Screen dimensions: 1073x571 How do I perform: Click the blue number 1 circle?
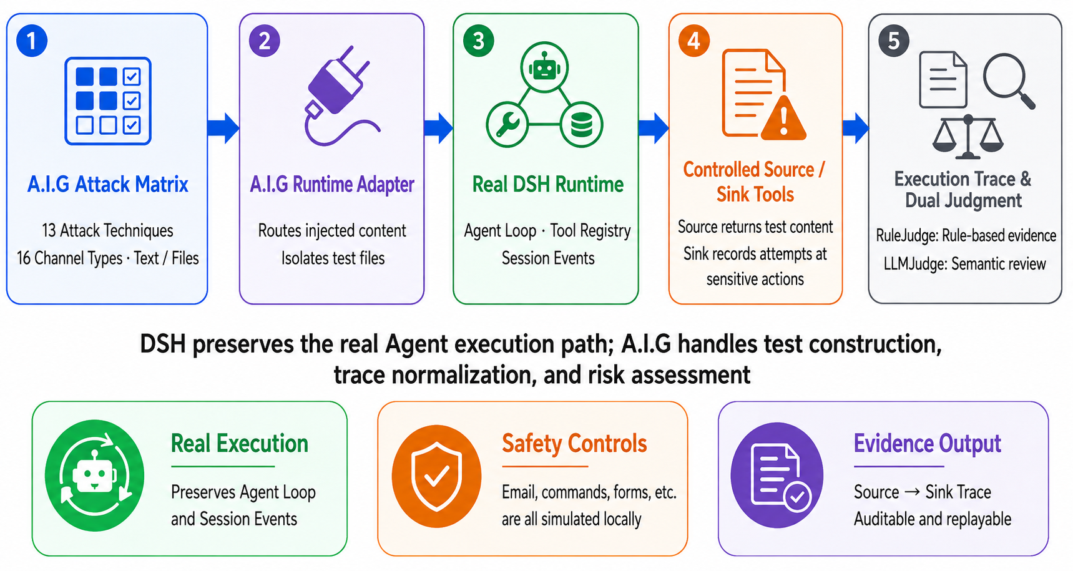pos(32,41)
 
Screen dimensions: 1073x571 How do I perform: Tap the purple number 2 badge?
pos(265,41)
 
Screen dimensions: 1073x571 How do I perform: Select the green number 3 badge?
pos(479,41)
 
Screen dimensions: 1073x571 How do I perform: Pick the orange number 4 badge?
pos(694,41)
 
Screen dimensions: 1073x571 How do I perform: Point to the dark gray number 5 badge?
pos(894,41)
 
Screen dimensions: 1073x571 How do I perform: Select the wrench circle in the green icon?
pos(507,124)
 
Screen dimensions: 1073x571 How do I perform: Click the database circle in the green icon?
pos(582,124)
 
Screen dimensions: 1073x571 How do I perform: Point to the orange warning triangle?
pos(784,119)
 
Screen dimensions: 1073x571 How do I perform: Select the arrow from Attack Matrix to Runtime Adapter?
pos(223,129)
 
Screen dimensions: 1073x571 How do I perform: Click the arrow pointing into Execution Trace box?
pos(856,129)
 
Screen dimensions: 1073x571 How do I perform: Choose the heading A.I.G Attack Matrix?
pos(108,185)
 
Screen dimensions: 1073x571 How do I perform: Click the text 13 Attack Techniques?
pos(108,231)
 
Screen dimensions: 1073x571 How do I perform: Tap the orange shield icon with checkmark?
pos(437,477)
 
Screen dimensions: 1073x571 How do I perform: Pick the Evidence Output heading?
pos(928,444)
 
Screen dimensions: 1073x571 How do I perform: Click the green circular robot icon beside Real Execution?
pos(95,476)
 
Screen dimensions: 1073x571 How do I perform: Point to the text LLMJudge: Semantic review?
pos(965,264)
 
